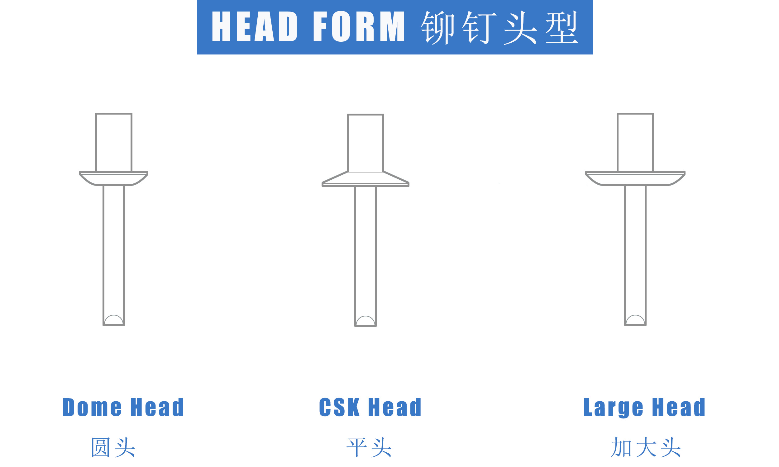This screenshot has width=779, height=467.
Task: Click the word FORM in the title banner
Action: click(x=359, y=26)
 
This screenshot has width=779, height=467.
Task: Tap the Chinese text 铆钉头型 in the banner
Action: click(x=499, y=27)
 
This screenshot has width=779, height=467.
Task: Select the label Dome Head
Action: click(x=123, y=407)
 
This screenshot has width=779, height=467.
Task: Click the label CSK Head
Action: click(x=370, y=407)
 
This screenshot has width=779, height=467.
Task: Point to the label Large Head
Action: click(x=644, y=408)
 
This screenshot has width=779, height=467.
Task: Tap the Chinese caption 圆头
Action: click(x=113, y=447)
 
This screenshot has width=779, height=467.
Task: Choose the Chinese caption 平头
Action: click(x=369, y=447)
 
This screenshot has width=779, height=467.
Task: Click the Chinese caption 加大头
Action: click(x=646, y=447)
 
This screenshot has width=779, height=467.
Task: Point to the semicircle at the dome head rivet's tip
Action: click(x=114, y=315)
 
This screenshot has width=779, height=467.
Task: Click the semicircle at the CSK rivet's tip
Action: click(x=365, y=316)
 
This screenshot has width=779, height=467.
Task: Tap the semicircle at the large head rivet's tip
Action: click(x=635, y=315)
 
